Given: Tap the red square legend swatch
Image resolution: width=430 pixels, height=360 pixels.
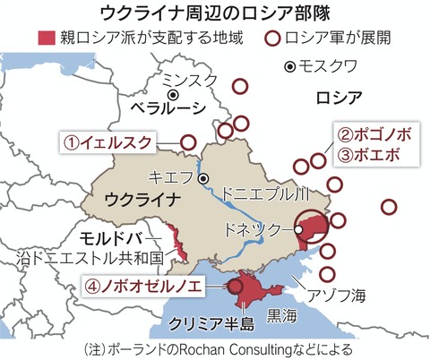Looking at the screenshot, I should [45, 39].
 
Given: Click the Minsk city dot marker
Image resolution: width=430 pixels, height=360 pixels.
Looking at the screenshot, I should [171, 94].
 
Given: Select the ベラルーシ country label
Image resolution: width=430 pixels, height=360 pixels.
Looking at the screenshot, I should [165, 108].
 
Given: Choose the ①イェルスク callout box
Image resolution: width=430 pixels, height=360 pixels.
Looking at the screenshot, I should [106, 141].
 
